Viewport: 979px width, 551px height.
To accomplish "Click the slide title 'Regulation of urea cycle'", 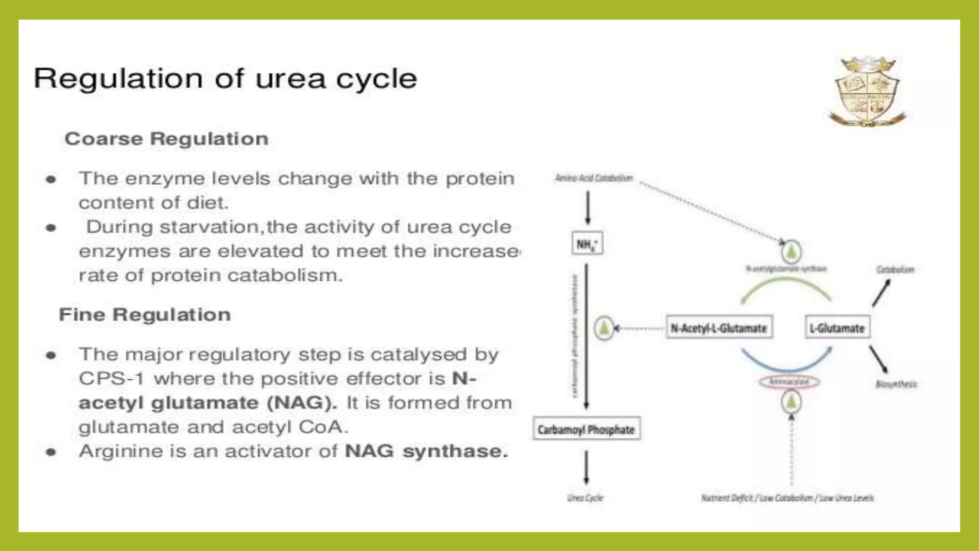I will pyautogui.click(x=225, y=78).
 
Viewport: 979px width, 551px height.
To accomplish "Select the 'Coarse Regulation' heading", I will pyautogui.click(x=166, y=139).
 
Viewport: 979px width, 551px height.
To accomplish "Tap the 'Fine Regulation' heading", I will pyautogui.click(x=145, y=315).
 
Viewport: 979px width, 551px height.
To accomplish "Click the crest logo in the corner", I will pyautogui.click(x=867, y=92).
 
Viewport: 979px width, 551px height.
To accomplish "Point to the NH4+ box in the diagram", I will pyautogui.click(x=587, y=244).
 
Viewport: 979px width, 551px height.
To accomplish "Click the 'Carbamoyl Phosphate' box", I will pyautogui.click(x=586, y=430).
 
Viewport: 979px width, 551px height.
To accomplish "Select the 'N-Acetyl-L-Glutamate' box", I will pyautogui.click(x=718, y=328).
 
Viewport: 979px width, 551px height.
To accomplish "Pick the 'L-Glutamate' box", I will pyautogui.click(x=837, y=328).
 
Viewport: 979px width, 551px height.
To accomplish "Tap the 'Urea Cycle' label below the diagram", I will pyautogui.click(x=585, y=498).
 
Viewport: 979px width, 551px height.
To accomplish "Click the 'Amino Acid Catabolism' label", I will pyautogui.click(x=594, y=178).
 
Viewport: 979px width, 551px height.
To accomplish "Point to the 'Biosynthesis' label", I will pyautogui.click(x=896, y=384).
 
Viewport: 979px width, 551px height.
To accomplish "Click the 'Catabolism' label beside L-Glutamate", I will pyautogui.click(x=895, y=270).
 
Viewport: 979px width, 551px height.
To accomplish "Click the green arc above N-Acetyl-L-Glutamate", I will pyautogui.click(x=786, y=282).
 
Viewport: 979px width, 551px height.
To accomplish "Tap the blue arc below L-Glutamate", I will pyautogui.click(x=786, y=366).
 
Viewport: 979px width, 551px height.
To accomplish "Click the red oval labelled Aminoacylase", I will pyautogui.click(x=789, y=382).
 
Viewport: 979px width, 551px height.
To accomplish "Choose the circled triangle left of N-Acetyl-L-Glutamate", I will pyautogui.click(x=604, y=328).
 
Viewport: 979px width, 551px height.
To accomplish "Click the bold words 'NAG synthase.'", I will pyautogui.click(x=426, y=451).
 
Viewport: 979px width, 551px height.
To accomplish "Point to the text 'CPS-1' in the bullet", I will pyautogui.click(x=111, y=379).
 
